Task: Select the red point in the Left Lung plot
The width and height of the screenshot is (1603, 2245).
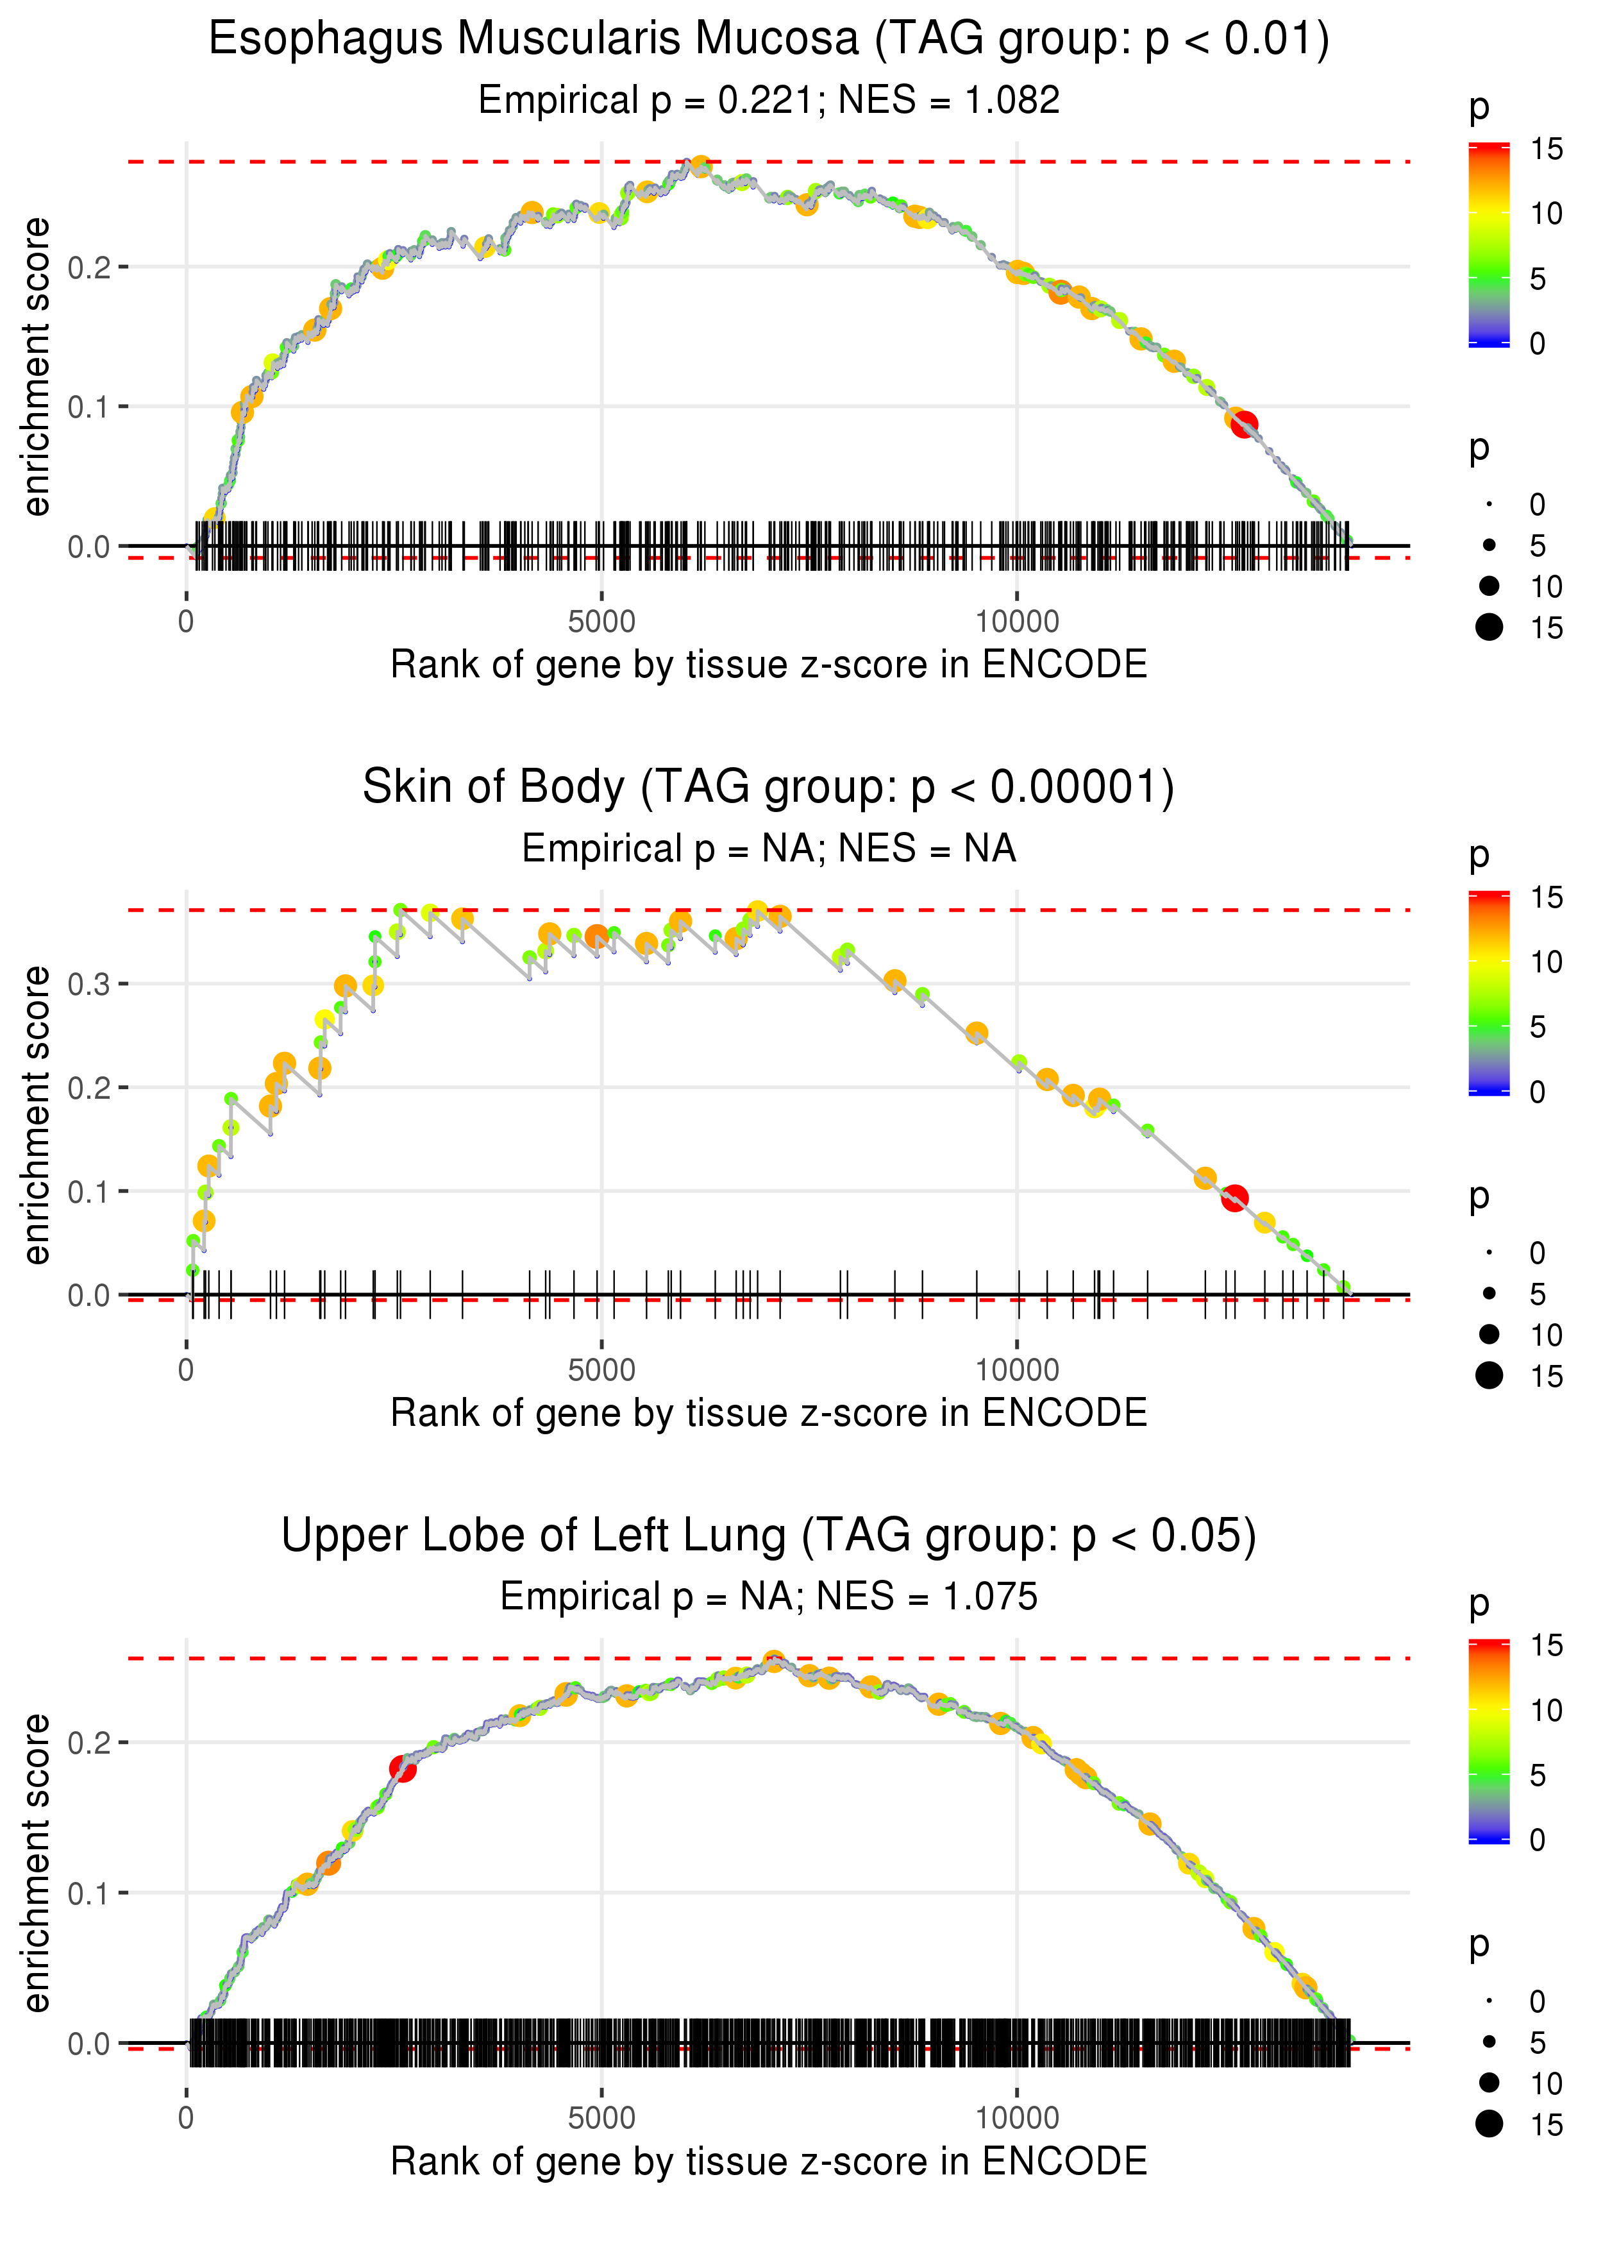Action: pyautogui.click(x=402, y=1768)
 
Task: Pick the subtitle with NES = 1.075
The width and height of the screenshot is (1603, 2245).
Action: pyautogui.click(x=768, y=1597)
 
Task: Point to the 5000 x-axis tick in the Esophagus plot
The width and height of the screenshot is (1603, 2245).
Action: pyautogui.click(x=601, y=622)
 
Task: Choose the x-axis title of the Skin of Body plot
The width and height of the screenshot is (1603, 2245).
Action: pyautogui.click(x=768, y=1413)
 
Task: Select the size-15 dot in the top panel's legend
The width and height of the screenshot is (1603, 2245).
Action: pyautogui.click(x=1490, y=627)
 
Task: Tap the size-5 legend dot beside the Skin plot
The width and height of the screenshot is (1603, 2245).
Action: pyautogui.click(x=1490, y=1293)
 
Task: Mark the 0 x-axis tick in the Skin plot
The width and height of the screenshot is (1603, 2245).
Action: pyautogui.click(x=187, y=1370)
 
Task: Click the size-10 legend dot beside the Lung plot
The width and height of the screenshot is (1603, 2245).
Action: pyautogui.click(x=1490, y=2082)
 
